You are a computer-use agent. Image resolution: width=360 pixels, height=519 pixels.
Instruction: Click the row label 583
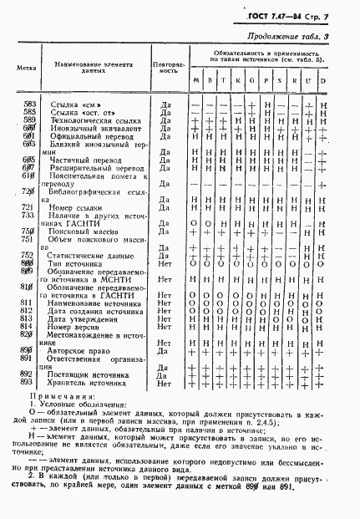27,104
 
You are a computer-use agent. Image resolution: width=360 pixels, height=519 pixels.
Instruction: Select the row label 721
27,206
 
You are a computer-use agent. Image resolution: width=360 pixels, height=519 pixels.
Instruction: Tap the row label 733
27,214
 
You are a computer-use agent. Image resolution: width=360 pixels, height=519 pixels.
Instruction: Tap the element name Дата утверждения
87,318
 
